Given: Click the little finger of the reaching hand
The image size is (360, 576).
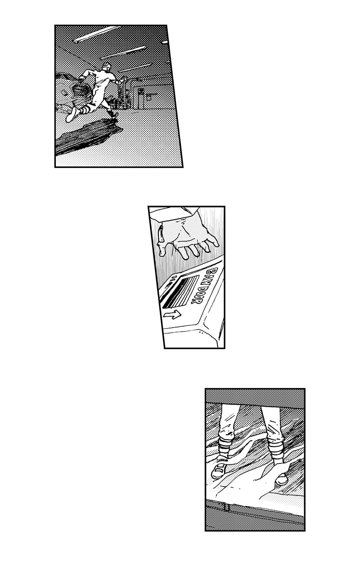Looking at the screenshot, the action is [x=213, y=241].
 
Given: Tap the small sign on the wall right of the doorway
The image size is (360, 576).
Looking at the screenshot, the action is [x=149, y=97].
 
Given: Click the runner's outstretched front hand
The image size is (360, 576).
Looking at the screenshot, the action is [x=125, y=78].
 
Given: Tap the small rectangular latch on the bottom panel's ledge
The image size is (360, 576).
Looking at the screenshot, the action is [x=227, y=508].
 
